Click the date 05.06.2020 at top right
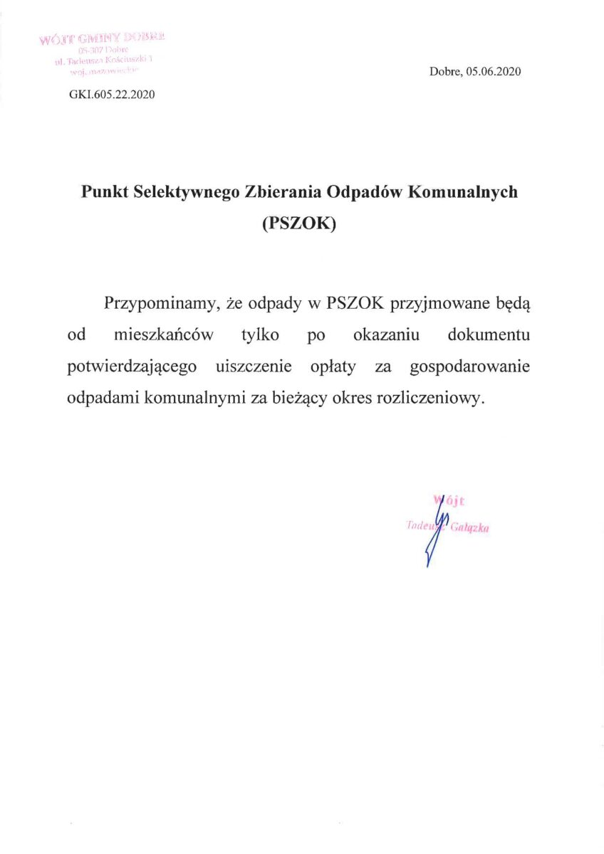click(x=494, y=71)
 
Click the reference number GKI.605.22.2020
click(x=112, y=95)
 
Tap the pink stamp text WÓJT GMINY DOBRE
click(x=103, y=37)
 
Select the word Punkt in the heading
click(x=105, y=193)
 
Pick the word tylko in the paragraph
click(x=260, y=335)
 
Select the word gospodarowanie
click(x=470, y=367)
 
